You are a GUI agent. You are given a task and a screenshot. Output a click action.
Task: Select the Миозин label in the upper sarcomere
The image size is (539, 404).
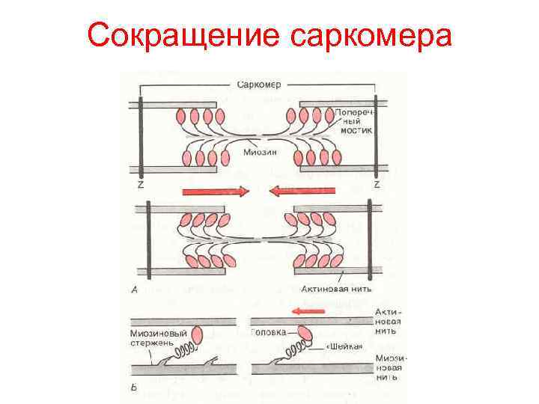[259, 153]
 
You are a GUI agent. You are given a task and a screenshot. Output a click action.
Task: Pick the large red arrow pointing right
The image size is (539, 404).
[216, 192]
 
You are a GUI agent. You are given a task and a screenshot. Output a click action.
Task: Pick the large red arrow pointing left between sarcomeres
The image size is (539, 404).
[303, 192]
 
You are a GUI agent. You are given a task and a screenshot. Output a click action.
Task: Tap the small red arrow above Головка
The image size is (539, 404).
[308, 310]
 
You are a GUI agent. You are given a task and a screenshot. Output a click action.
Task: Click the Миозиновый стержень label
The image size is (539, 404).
[154, 338]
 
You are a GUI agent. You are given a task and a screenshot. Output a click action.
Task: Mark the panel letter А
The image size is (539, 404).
[134, 288]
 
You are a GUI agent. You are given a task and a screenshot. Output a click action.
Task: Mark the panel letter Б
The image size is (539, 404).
[133, 388]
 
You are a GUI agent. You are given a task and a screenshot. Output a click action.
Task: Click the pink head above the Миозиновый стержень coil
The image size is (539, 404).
[198, 334]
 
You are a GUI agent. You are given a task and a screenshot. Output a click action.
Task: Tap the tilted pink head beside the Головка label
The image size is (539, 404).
[305, 332]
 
